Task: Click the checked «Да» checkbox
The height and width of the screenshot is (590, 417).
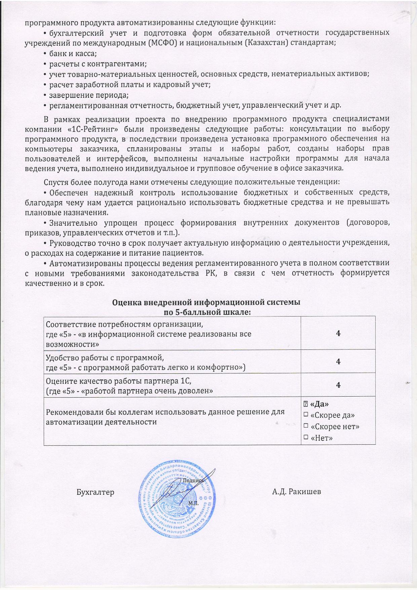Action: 306,404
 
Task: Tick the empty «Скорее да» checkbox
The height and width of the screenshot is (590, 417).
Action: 306,415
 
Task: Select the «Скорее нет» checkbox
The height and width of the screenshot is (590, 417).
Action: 306,426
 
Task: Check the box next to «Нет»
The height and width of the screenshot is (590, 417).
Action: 306,437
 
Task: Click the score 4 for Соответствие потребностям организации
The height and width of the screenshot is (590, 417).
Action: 338,333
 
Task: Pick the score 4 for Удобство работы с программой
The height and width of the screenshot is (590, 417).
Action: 338,361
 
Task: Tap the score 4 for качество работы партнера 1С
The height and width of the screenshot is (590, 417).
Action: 338,385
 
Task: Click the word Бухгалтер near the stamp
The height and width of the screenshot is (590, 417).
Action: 95,492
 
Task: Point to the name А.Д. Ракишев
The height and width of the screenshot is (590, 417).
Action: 296,492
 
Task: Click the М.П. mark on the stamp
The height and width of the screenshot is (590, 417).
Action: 194,504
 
